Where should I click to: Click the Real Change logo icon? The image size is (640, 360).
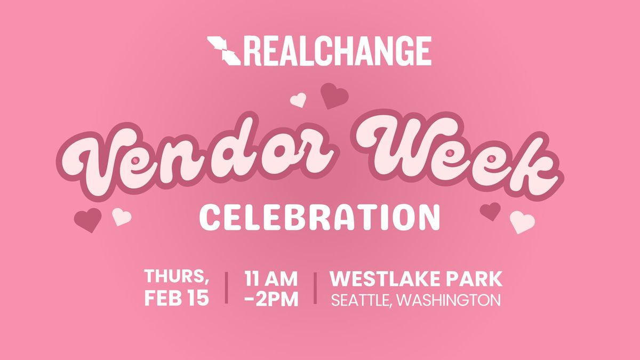224,51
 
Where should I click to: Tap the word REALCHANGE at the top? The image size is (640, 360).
338,51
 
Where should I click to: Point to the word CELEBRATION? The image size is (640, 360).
319,218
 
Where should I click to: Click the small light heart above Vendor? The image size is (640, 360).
298,100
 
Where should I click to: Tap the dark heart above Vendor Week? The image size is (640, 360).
334,95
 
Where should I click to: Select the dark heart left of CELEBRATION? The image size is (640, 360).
87,219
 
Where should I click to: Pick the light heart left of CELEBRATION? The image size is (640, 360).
122,216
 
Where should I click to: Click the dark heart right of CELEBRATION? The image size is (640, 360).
490,211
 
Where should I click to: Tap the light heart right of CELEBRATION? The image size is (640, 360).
522,221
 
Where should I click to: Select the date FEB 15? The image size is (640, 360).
177,298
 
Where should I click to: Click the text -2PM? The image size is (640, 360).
271,299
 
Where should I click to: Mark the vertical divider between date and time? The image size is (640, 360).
227,288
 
